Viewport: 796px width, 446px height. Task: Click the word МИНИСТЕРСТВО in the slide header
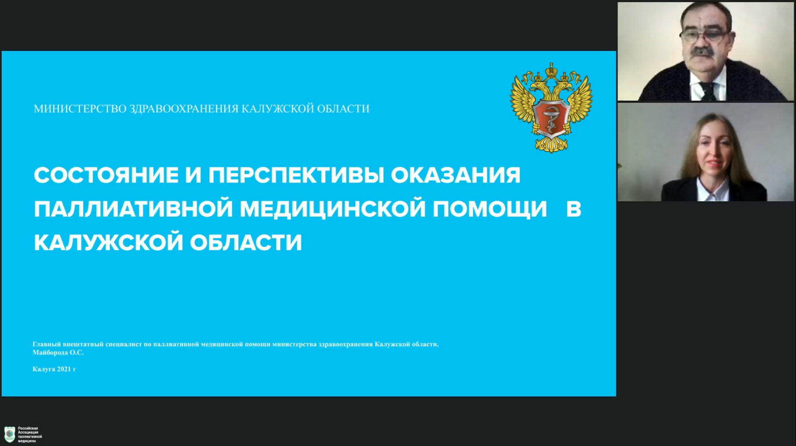click(80, 109)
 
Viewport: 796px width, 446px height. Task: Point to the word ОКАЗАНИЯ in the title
click(456, 175)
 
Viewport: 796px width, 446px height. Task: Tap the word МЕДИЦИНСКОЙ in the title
click(333, 209)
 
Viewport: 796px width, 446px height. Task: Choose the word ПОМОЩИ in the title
click(490, 209)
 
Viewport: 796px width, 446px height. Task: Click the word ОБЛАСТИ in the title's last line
click(246, 243)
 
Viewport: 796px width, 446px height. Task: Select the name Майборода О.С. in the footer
click(58, 352)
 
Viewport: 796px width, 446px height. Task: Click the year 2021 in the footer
click(64, 369)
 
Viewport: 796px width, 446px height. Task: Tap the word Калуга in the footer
click(44, 369)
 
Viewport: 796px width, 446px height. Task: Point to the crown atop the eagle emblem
click(551, 70)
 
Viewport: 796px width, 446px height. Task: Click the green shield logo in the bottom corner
click(9, 434)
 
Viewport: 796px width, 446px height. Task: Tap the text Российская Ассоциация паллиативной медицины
click(29, 435)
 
